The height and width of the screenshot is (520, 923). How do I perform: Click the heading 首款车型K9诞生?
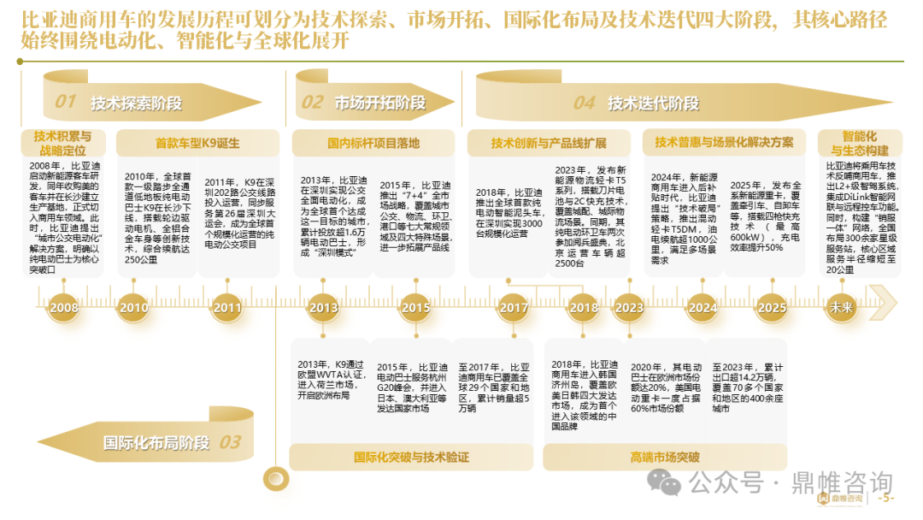click(x=197, y=143)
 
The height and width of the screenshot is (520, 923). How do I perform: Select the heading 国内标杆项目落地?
click(x=373, y=143)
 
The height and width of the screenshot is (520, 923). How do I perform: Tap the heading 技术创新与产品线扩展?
click(x=549, y=143)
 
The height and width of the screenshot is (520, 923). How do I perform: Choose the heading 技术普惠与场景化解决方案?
click(x=724, y=142)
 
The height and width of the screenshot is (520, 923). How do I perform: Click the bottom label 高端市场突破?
click(x=665, y=458)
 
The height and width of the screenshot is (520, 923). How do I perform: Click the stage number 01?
click(x=65, y=103)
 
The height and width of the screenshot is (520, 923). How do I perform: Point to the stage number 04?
click(x=584, y=103)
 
